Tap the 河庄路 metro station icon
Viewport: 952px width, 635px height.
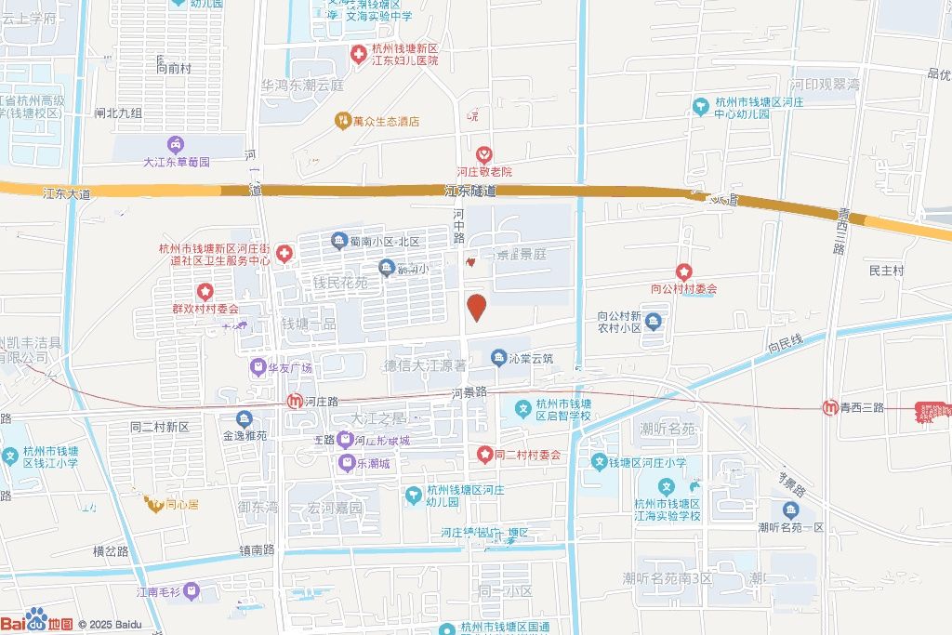pos(294,402)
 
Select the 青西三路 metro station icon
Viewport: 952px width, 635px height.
pos(829,407)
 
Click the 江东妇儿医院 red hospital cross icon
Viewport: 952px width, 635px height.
pos(358,54)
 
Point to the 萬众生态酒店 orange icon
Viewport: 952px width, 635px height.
pos(341,121)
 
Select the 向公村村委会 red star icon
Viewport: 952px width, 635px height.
pos(683,271)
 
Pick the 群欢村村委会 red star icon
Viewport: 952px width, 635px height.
pos(205,292)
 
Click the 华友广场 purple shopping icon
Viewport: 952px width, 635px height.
pos(257,367)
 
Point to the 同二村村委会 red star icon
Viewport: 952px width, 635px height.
pos(484,455)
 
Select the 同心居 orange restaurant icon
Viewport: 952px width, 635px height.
pos(153,505)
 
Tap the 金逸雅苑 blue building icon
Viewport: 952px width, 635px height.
pos(245,418)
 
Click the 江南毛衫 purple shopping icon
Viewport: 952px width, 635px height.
pos(191,590)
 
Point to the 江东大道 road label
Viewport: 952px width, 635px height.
pos(67,194)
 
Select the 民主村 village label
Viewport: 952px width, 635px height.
pos(886,271)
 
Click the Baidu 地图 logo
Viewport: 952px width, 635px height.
pos(37,621)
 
